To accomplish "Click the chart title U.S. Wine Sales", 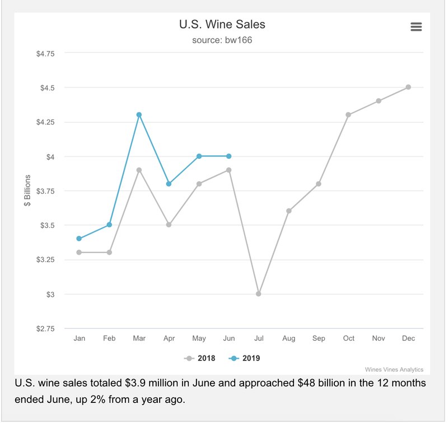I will point(222,24).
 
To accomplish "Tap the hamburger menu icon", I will point(416,27).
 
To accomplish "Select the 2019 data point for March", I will point(139,115).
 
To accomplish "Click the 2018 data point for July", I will point(259,293).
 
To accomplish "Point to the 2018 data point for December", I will point(408,87).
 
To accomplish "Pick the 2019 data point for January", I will point(79,239).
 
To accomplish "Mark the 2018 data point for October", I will point(348,115).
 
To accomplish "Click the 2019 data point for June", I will point(229,156).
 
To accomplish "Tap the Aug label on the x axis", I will point(289,338).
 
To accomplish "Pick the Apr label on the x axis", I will point(169,338).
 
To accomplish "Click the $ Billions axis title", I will point(27,191).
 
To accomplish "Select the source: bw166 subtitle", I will point(222,40).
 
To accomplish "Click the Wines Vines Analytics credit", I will point(394,369).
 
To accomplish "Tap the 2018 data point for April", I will point(169,225).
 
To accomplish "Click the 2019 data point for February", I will point(109,225).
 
